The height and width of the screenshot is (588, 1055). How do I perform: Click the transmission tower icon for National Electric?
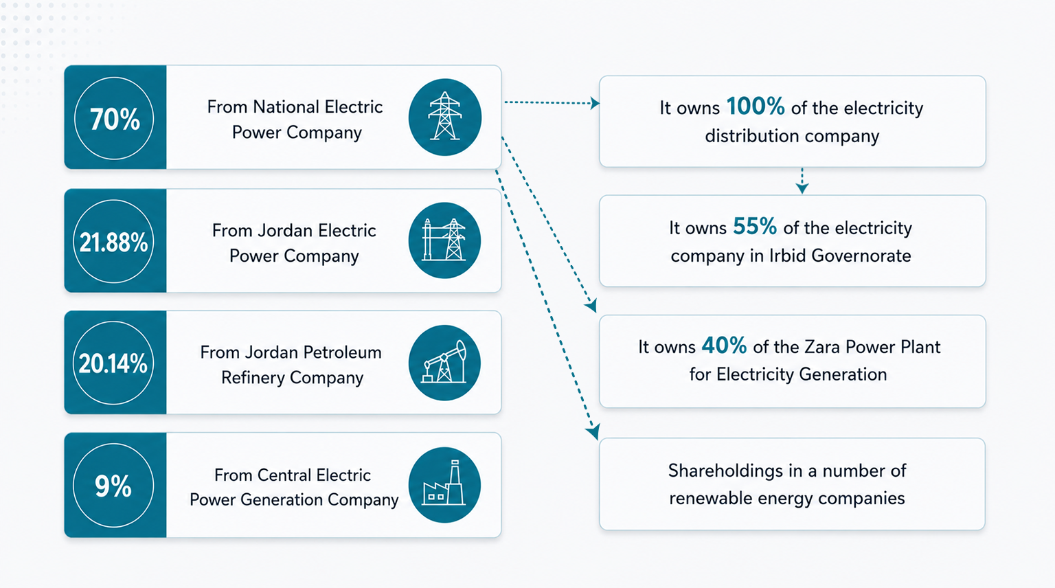(x=444, y=117)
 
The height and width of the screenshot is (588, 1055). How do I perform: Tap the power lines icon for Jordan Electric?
(x=444, y=240)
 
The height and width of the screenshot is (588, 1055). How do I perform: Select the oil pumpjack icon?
(x=444, y=363)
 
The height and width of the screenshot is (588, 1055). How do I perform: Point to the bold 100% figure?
(x=756, y=106)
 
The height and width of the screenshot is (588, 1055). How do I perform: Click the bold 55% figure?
(x=755, y=227)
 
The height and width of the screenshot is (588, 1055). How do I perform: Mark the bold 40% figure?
(x=724, y=346)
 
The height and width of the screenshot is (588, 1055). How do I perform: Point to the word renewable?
(x=711, y=499)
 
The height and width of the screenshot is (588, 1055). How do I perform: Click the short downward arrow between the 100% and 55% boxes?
(x=802, y=181)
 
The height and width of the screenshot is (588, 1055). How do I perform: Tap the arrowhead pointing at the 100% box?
(x=595, y=103)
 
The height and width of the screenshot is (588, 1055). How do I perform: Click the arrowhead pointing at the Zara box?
(x=591, y=306)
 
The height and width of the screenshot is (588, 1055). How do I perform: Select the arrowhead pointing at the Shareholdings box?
(x=593, y=431)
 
